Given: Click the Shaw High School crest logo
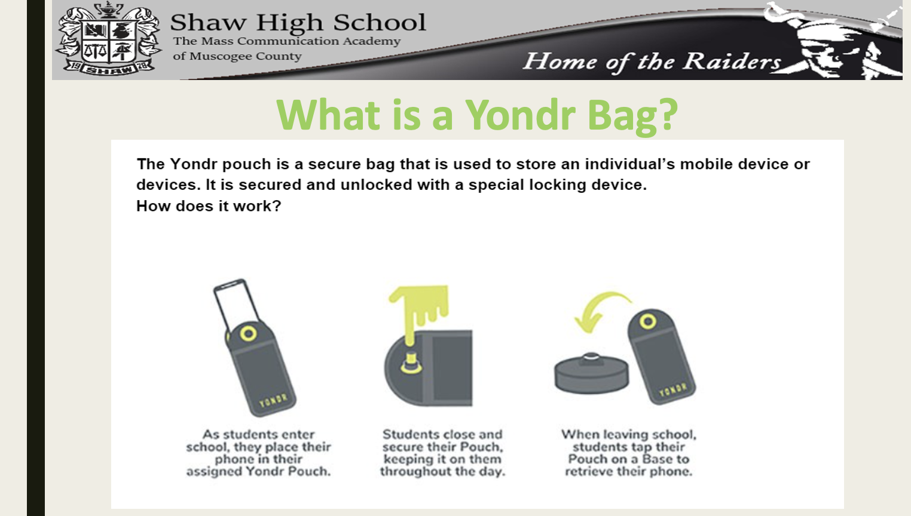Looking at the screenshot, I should point(108,39).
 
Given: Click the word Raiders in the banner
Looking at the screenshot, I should point(732,61).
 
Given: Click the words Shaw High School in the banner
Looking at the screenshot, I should point(298,23).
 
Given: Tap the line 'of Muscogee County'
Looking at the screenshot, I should point(237,56).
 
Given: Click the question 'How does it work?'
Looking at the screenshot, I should point(209,206).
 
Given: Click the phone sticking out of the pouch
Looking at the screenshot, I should point(234,302).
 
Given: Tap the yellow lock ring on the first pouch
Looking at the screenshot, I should point(249,333).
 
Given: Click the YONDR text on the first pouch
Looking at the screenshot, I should point(273,401).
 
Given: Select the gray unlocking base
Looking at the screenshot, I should point(591,373).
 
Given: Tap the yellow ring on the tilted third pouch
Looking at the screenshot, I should point(647,322).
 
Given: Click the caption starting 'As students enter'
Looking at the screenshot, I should point(258,453).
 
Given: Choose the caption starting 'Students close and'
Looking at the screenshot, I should point(442,453).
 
